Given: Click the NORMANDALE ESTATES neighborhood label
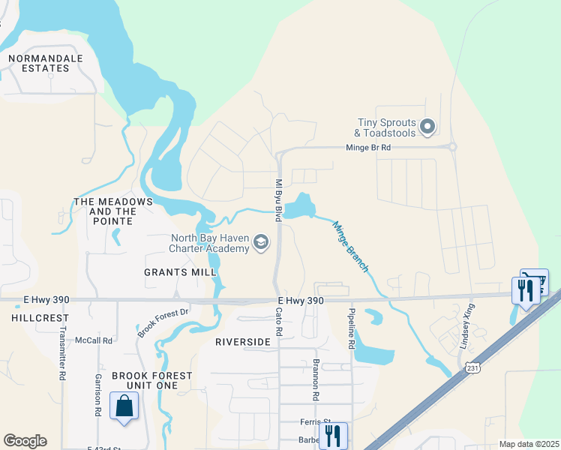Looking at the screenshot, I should pyautogui.click(x=38, y=62).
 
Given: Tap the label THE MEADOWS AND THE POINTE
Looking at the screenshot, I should pyautogui.click(x=113, y=207).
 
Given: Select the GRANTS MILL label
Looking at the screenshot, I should pyautogui.click(x=175, y=272).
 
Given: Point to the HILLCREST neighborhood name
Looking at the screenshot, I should pyautogui.click(x=30, y=318).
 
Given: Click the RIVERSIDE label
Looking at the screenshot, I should pyautogui.click(x=241, y=342).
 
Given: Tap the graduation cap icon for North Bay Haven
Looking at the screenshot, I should pyautogui.click(x=261, y=242).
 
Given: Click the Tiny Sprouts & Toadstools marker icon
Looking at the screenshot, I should pyautogui.click(x=427, y=127).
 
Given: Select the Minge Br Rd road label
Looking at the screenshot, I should pyautogui.click(x=367, y=148).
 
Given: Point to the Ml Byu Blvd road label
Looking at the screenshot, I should pyautogui.click(x=277, y=200).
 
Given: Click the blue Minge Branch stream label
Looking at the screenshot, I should pyautogui.click(x=350, y=247).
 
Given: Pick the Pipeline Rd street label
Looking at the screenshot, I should pyautogui.click(x=350, y=326).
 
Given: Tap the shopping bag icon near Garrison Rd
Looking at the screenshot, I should pyautogui.click(x=123, y=406).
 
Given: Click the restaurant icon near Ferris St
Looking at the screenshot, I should pyautogui.click(x=333, y=435).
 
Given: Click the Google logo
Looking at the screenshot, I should pyautogui.click(x=25, y=441).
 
